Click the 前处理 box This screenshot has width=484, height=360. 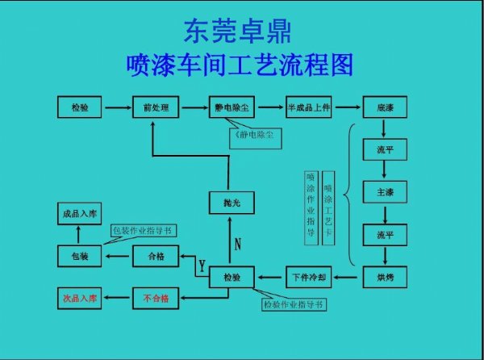156,107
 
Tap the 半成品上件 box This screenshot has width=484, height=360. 310,107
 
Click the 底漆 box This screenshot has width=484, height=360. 384,107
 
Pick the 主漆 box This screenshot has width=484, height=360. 384,193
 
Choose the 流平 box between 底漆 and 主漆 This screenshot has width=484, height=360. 384,150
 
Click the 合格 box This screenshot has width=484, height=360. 156,257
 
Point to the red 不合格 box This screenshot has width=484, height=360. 156,299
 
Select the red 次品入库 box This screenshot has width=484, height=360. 80,299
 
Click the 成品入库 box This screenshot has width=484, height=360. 80,214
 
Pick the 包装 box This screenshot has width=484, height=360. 80,257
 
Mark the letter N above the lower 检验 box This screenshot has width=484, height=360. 238,243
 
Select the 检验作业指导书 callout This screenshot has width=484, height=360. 294,305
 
